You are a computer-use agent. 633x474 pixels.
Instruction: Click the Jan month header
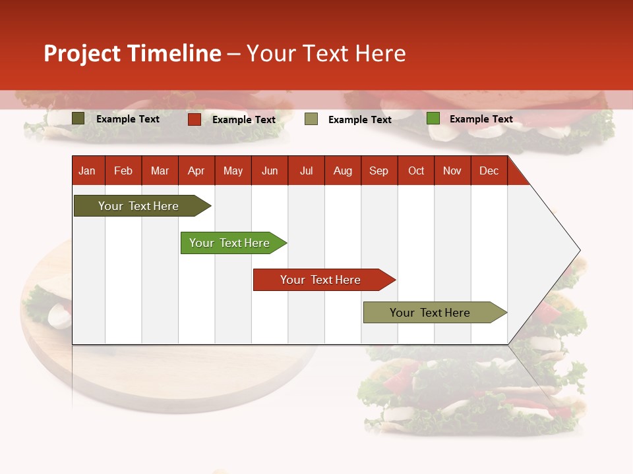(x=87, y=171)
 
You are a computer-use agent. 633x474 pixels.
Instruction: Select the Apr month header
(x=196, y=171)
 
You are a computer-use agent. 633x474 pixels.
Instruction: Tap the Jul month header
(x=307, y=171)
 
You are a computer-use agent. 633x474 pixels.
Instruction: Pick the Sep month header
(x=379, y=171)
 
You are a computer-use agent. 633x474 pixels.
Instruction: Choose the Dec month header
(x=489, y=171)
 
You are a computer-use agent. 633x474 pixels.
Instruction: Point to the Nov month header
(x=452, y=171)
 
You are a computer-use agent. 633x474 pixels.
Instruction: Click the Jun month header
(x=270, y=171)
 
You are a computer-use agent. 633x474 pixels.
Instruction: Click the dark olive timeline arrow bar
(x=138, y=206)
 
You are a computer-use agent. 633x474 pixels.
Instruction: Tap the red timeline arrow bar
(x=321, y=280)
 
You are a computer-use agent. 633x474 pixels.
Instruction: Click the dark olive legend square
(x=78, y=118)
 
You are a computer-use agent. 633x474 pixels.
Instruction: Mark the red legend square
(x=195, y=119)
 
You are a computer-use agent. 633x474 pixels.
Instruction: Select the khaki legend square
(x=311, y=119)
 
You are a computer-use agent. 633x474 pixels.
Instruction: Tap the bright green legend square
(x=433, y=118)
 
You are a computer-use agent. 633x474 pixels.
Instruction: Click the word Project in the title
(x=82, y=53)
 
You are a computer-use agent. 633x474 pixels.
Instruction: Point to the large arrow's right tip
(x=579, y=250)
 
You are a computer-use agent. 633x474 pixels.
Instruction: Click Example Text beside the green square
(x=481, y=119)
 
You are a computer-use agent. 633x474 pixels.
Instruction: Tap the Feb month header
(x=123, y=171)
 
